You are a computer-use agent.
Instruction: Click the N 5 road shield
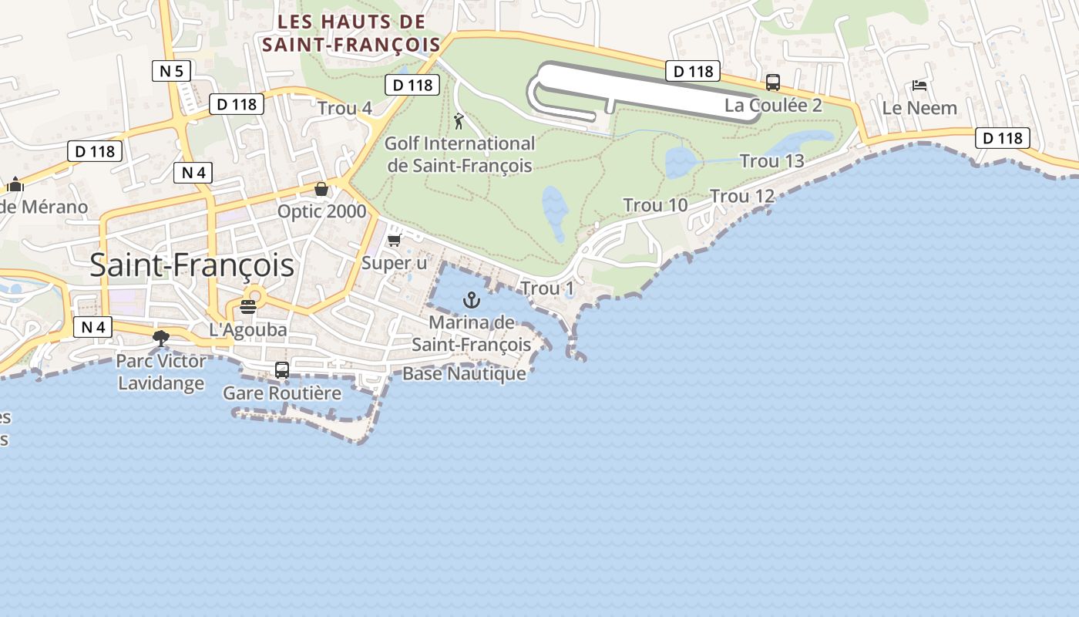click(171, 72)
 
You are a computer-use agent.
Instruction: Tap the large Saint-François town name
click(192, 265)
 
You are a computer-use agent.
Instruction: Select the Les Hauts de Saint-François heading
click(351, 33)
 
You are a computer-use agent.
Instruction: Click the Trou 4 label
click(345, 109)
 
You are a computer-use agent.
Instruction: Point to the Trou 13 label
click(771, 161)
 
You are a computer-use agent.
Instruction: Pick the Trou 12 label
click(741, 197)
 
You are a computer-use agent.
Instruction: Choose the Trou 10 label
click(655, 205)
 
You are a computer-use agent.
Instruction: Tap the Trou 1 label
click(547, 288)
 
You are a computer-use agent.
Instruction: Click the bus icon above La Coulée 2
click(772, 83)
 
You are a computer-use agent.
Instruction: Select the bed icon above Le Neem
click(919, 85)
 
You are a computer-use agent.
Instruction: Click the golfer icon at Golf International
click(459, 121)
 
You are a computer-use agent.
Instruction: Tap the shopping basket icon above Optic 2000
click(321, 189)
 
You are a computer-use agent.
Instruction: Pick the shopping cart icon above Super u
click(395, 241)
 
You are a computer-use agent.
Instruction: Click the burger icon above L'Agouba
click(247, 307)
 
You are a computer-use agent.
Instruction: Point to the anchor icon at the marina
click(471, 300)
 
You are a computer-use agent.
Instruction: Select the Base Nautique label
click(464, 374)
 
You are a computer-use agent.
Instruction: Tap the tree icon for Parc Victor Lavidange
click(161, 338)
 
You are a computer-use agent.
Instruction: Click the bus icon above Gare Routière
click(282, 370)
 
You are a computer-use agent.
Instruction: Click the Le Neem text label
click(919, 108)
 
